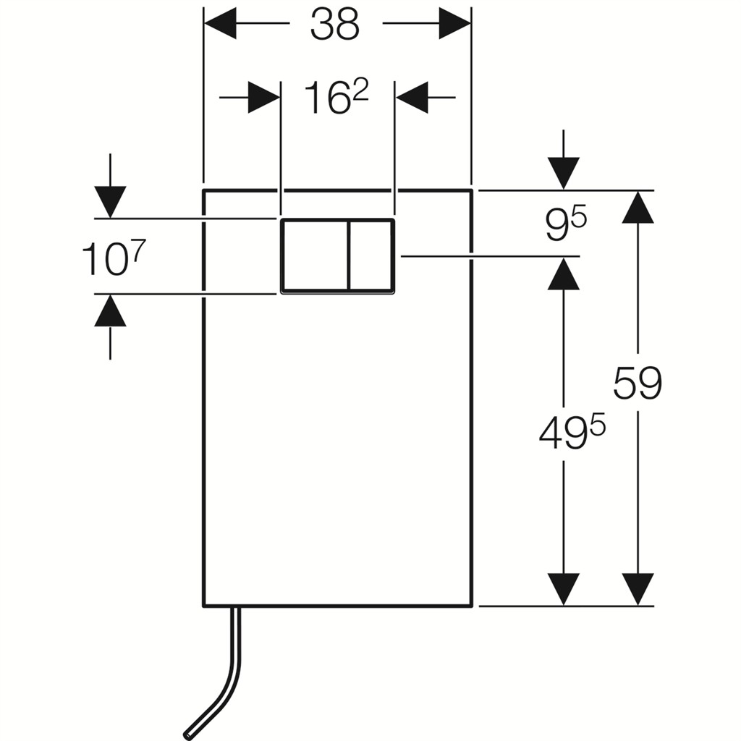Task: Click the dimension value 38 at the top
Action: pos(334,25)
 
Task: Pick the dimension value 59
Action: pos(638,384)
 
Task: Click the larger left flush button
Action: pos(315,255)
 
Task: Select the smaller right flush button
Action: pos(371,255)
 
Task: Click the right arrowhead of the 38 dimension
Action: pos(455,23)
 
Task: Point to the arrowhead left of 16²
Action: pos(264,97)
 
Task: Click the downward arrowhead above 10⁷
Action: pos(110,202)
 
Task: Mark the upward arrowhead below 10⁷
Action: pos(110,311)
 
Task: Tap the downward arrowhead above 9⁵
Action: pos(564,173)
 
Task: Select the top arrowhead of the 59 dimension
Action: pos(638,207)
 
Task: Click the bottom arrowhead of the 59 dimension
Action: pos(638,589)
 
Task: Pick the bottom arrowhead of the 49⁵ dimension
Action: pos(564,589)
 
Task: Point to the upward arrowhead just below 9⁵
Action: pos(564,274)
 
